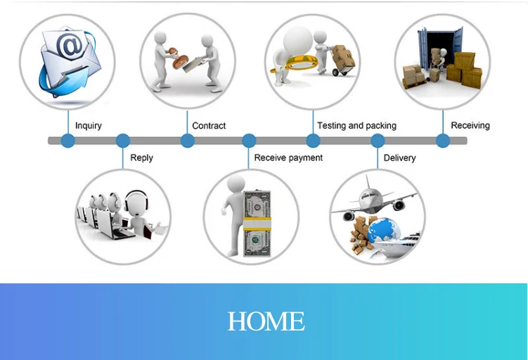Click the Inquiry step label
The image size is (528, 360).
[89, 126]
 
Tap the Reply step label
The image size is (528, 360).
[141, 158]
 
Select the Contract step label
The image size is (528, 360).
[209, 126]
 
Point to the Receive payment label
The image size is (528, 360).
[288, 158]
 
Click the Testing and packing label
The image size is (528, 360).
[356, 126]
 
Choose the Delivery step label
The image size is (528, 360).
[399, 158]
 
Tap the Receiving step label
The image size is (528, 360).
[470, 126]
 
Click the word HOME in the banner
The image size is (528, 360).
[266, 322]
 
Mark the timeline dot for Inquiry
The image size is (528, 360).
[67, 141]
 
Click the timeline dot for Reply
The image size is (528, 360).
[123, 141]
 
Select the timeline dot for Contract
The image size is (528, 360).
[187, 141]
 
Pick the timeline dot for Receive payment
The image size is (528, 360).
[249, 141]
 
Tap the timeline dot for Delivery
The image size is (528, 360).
[378, 141]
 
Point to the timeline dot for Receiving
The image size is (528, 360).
[442, 141]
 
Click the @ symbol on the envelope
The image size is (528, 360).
[69, 48]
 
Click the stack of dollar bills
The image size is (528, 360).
[257, 224]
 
